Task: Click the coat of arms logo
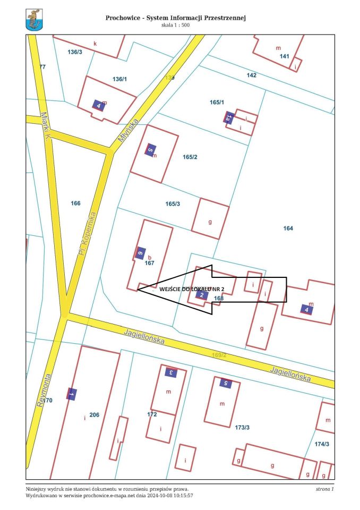coord(34,21)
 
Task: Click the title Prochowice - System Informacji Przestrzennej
coord(175,18)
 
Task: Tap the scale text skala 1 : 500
coord(175,25)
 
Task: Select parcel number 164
coord(288,228)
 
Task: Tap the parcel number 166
coord(75,203)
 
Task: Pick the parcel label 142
coord(252,75)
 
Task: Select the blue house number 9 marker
coord(141,253)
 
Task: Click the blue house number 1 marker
coord(72,394)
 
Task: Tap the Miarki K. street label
coord(46,126)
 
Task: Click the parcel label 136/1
coord(120,79)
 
